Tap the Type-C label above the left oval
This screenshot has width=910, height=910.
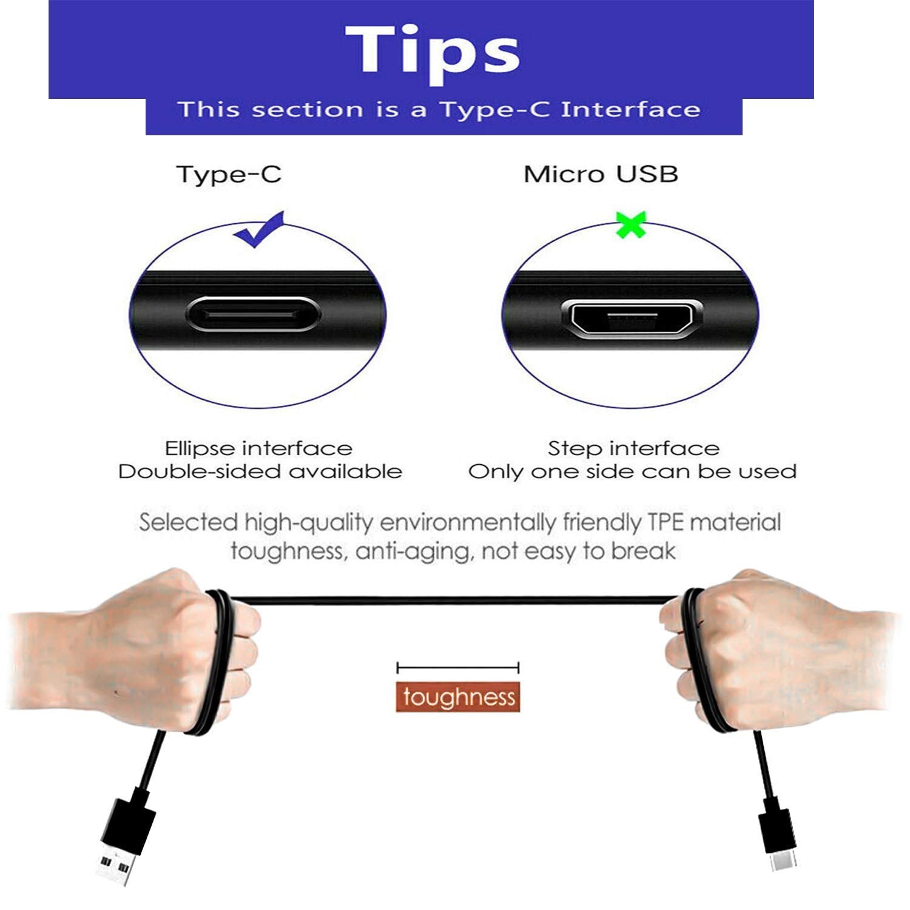pos(229,175)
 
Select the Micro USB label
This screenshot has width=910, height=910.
pos(601,175)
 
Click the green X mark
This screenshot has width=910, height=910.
pos(631,224)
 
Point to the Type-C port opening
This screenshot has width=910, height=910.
pos(252,315)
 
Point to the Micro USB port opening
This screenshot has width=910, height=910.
pos(632,317)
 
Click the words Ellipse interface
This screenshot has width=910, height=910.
pos(258,448)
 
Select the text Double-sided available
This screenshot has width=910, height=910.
pos(260,472)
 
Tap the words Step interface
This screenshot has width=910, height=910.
pos(633,448)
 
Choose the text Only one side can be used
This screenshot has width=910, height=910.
pos(632,472)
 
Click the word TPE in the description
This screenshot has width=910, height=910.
pos(666,522)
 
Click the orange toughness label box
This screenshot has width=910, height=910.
pos(458,697)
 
